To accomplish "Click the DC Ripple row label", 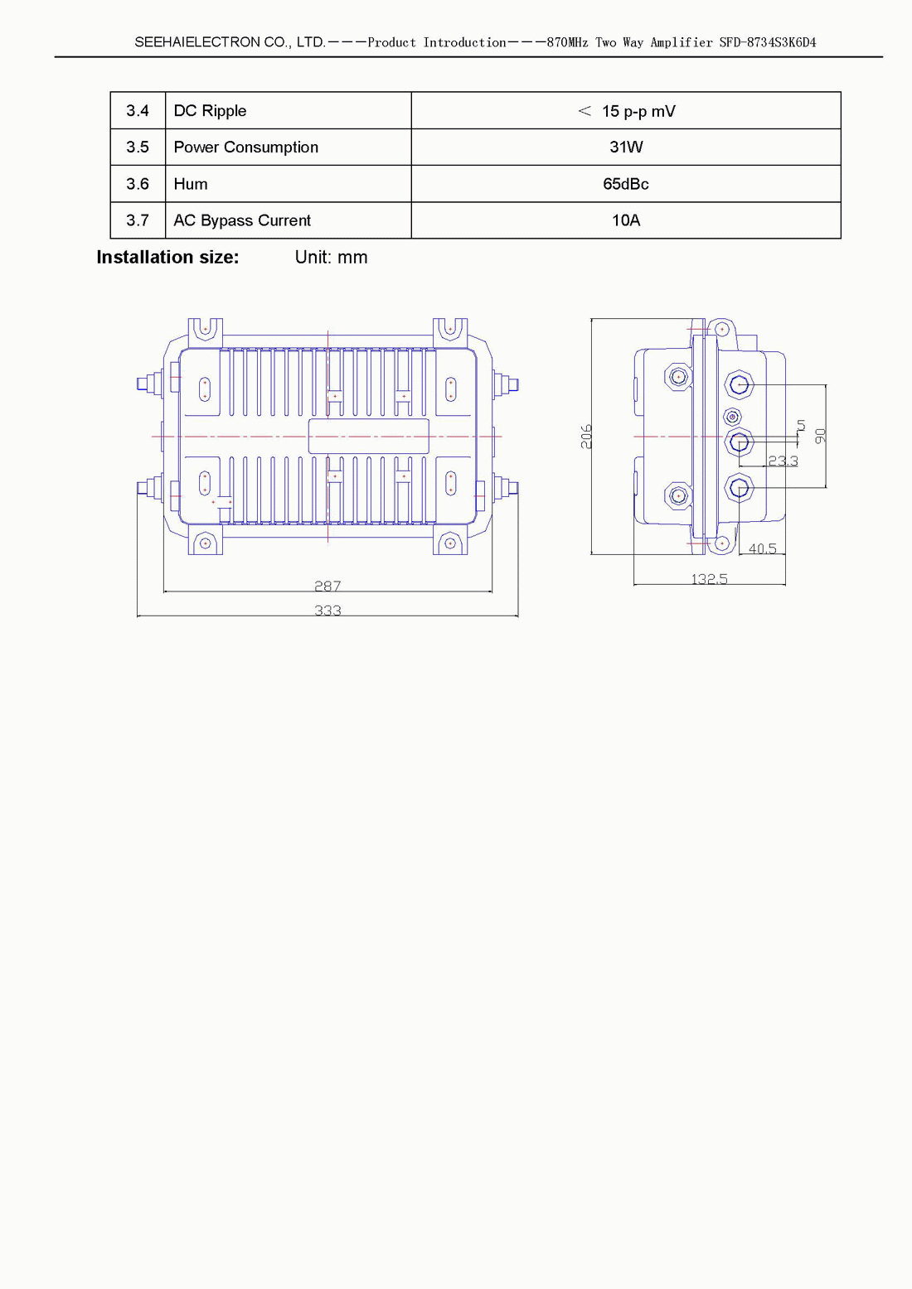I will click(x=210, y=111).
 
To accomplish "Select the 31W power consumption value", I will click(x=626, y=147).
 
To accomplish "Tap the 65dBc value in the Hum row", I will click(x=626, y=184).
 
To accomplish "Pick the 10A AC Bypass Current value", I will click(x=626, y=220).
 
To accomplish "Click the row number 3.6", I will click(x=138, y=184).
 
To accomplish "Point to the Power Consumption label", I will click(x=245, y=147).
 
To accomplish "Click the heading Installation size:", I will click(x=167, y=258).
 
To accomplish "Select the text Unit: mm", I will click(x=331, y=258).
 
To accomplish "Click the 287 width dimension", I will click(x=327, y=586).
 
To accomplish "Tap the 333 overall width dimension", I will click(x=327, y=611).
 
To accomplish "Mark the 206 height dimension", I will click(x=586, y=437).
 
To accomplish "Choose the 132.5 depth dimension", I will click(x=709, y=579).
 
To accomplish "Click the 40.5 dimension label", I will click(x=762, y=548).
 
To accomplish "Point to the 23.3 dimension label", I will click(x=783, y=461).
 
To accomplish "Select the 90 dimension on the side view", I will click(x=820, y=435).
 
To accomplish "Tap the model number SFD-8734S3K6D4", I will click(x=767, y=42).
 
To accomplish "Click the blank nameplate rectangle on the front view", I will click(x=368, y=436).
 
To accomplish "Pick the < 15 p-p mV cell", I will click(x=626, y=111).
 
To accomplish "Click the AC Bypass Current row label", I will click(x=242, y=220).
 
